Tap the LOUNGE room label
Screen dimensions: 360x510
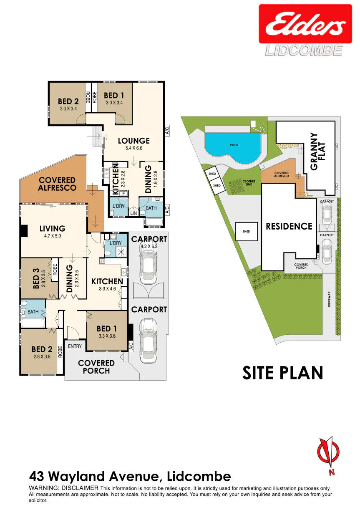click(x=134, y=141)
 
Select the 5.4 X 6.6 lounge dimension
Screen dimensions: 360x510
click(x=134, y=148)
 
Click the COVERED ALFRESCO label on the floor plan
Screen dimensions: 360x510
click(x=57, y=184)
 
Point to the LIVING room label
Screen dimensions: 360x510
click(x=52, y=228)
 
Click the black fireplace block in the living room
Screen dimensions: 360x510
click(x=24, y=231)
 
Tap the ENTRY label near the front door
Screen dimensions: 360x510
click(x=75, y=346)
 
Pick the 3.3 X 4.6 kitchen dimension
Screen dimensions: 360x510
click(x=107, y=289)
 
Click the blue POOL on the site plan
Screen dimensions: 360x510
click(x=233, y=148)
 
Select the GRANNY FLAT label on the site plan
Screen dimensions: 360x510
click(x=317, y=151)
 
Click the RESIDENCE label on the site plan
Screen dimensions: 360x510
click(x=289, y=226)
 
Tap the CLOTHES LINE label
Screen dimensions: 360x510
click(x=249, y=183)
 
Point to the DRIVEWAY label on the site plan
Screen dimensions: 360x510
click(x=329, y=299)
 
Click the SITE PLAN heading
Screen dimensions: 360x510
click(x=283, y=373)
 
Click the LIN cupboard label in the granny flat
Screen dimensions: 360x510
click(x=133, y=213)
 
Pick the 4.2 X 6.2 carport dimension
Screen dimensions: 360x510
click(x=149, y=246)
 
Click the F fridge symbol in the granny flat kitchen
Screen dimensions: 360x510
click(x=124, y=194)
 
